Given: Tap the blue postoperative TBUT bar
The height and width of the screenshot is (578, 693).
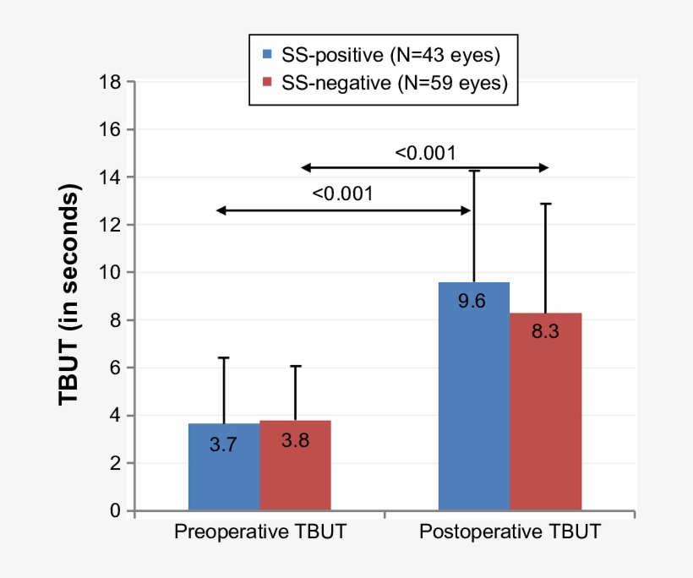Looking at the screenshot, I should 473,397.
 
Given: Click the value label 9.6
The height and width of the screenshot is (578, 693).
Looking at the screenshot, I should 472,301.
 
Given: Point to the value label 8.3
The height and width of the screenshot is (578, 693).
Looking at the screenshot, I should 544,330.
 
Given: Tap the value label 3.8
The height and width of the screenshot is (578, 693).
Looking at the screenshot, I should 294,441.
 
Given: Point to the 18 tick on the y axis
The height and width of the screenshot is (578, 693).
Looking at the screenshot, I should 110,83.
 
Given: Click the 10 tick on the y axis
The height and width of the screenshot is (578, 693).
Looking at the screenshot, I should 110,273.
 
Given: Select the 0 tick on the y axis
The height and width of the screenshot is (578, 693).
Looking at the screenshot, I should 115,511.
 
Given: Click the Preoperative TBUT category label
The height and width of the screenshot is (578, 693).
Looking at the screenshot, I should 259,533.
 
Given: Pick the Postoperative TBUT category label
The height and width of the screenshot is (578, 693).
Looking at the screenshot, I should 510,533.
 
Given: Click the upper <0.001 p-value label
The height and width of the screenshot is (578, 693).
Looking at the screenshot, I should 425,153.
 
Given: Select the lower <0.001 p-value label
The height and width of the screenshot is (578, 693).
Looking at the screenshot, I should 342,194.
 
